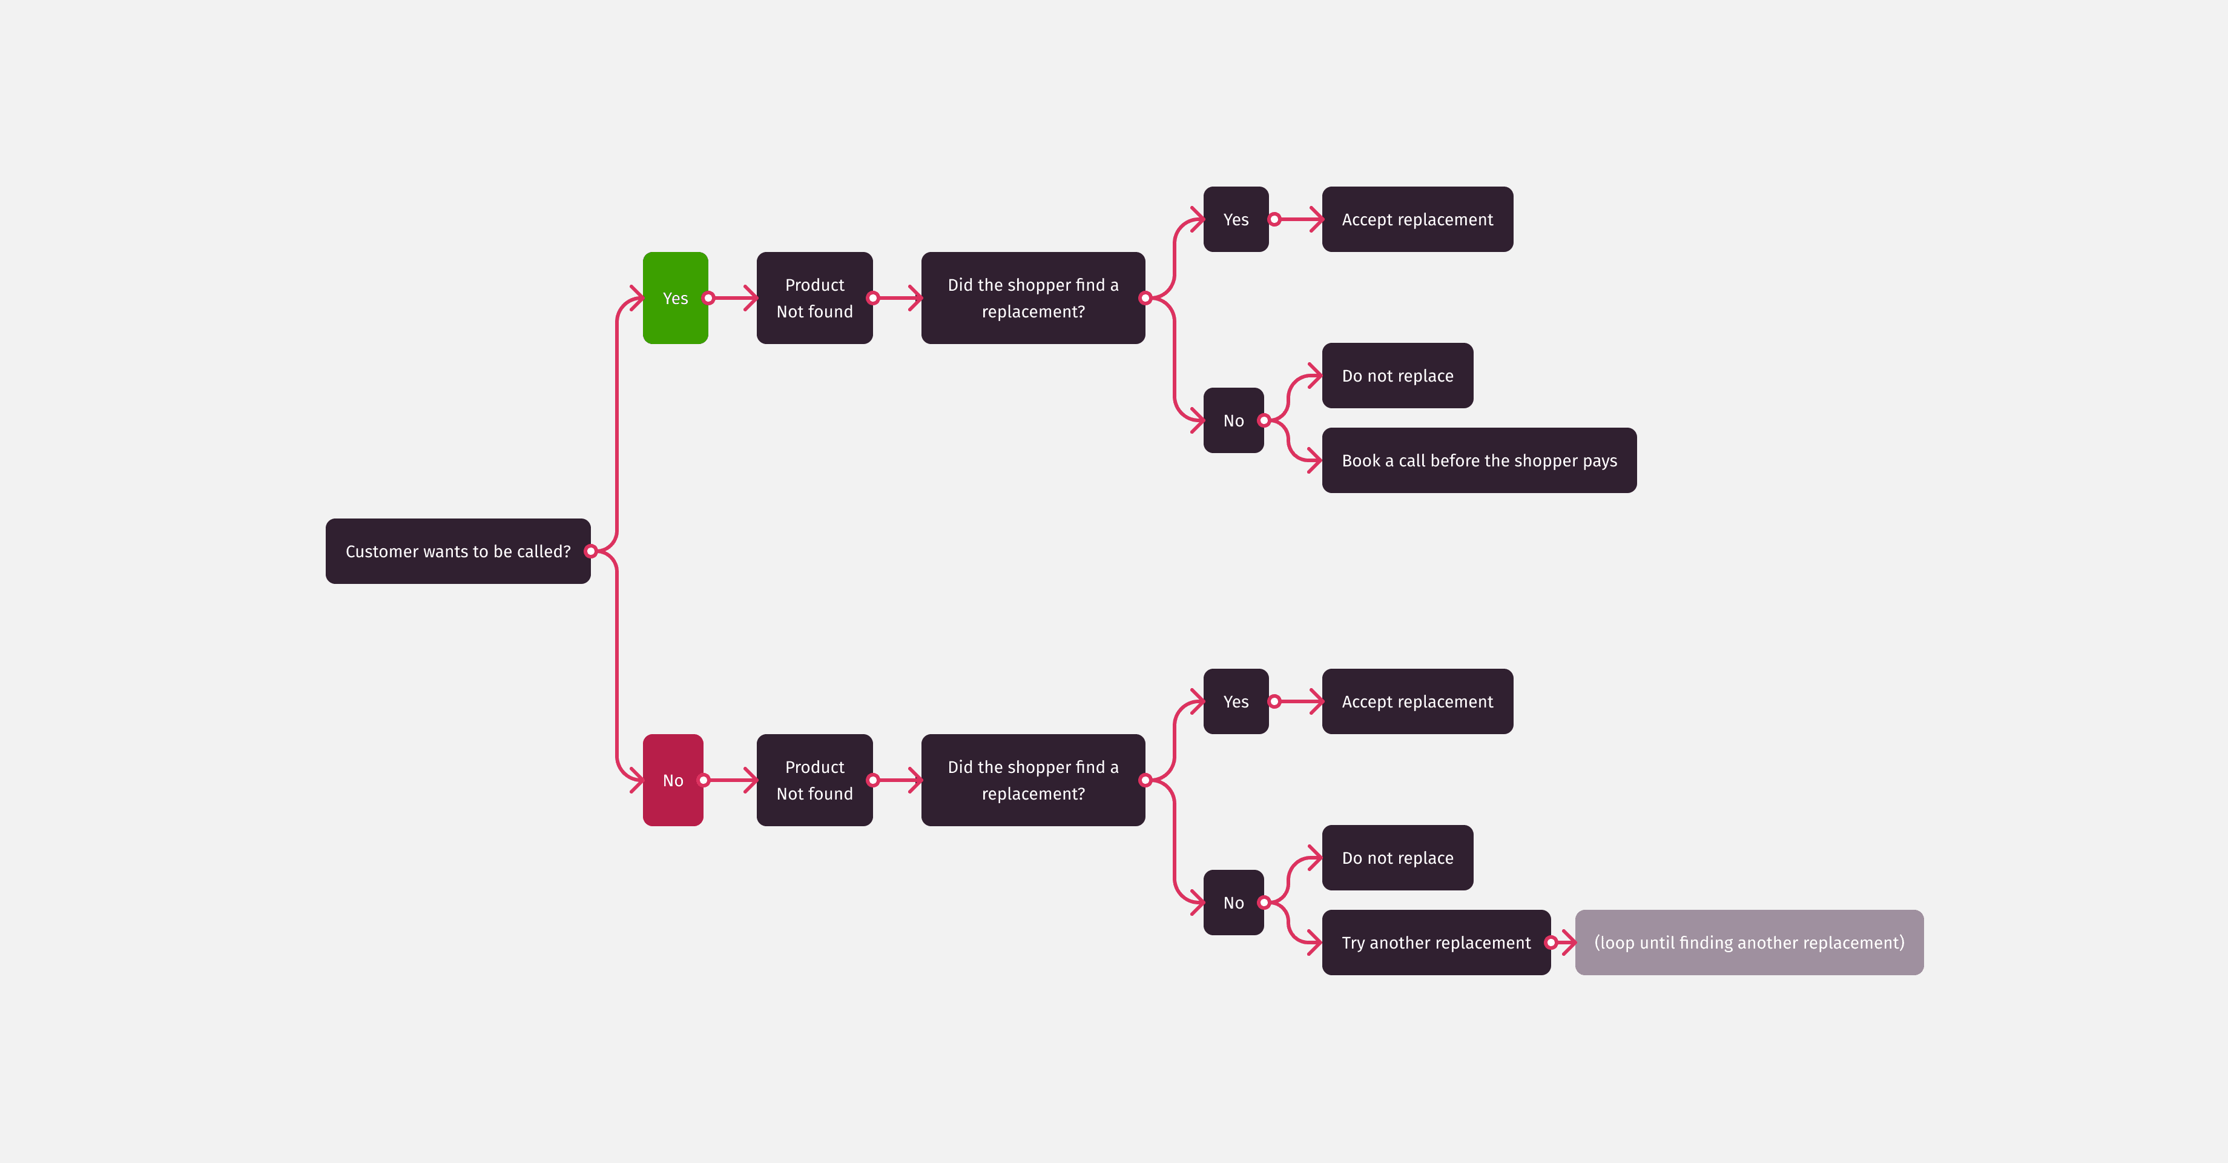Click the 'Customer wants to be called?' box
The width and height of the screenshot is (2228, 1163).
[458, 551]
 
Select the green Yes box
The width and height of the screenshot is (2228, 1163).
[674, 297]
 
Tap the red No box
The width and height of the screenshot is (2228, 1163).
[672, 780]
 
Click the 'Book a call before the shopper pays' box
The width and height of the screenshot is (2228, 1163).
[1478, 460]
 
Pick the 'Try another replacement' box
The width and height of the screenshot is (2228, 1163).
[1435, 943]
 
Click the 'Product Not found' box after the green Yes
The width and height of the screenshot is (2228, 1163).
[814, 297]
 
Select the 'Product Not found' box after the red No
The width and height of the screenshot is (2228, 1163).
[814, 780]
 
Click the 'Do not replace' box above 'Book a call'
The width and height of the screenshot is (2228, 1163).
[1397, 376]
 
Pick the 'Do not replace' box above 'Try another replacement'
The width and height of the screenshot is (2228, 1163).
[1397, 858]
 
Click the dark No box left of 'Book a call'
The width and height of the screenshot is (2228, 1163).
[1233, 420]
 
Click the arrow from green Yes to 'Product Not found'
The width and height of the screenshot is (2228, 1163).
[733, 297]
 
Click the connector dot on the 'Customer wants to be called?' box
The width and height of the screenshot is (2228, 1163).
[591, 551]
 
